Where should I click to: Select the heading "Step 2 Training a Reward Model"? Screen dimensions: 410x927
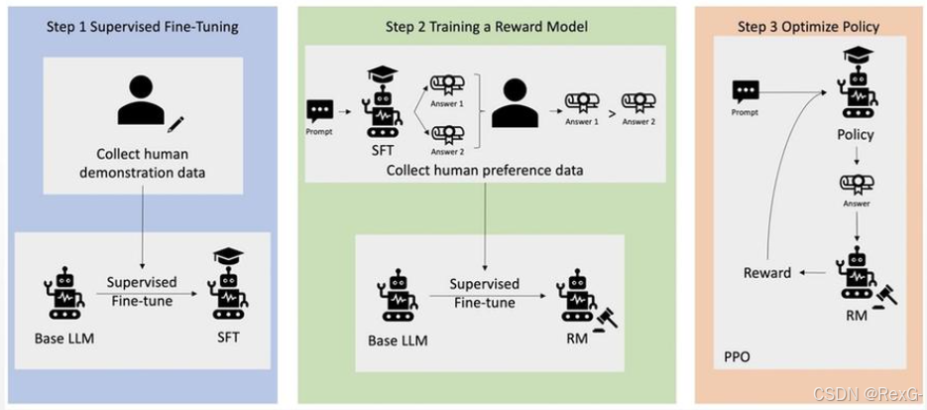(486, 27)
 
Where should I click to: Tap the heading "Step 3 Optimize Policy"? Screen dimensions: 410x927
(808, 27)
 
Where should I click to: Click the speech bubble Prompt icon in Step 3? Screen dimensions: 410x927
(746, 92)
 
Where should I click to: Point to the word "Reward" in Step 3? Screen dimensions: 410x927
(767, 272)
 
